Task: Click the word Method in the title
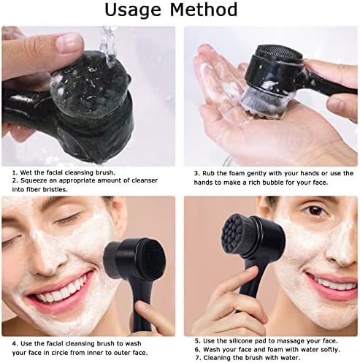(207, 10)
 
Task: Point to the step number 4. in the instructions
(15, 342)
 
